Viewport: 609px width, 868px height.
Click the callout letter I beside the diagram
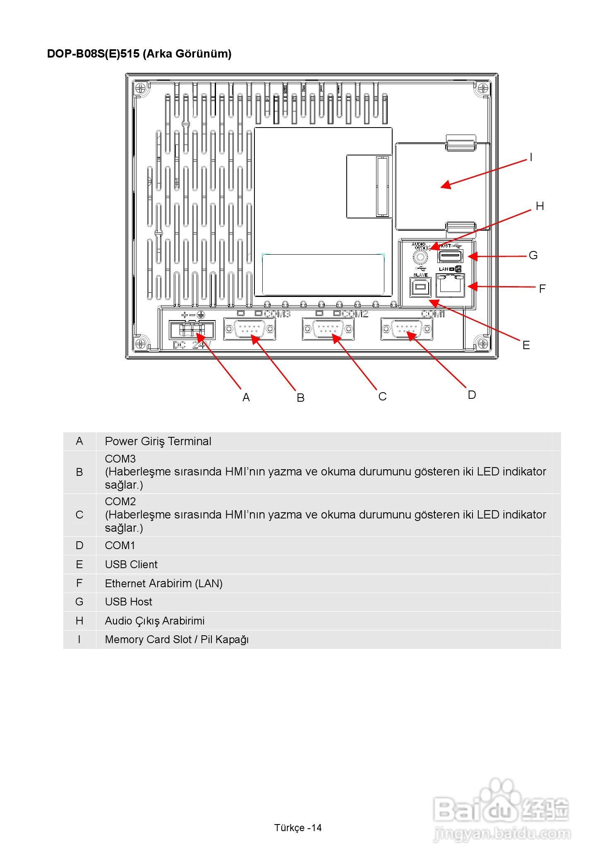click(531, 157)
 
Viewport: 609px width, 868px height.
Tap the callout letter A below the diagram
click(246, 398)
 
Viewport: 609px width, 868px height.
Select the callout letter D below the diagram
click(472, 395)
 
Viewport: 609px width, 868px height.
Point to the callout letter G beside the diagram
click(533, 256)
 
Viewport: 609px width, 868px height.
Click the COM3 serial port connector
click(249, 329)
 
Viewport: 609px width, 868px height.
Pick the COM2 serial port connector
click(328, 329)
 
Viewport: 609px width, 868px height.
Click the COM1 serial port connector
click(407, 329)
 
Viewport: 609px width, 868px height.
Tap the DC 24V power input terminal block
click(192, 330)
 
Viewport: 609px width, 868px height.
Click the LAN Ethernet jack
click(451, 285)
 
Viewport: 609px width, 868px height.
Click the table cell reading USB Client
click(131, 564)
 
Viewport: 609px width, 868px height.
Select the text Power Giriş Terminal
click(158, 441)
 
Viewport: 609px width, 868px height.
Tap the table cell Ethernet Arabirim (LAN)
click(164, 583)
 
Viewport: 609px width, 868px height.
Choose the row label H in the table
click(79, 621)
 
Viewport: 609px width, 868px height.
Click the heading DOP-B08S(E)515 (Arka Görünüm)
click(139, 54)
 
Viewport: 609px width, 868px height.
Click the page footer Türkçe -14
click(298, 828)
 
